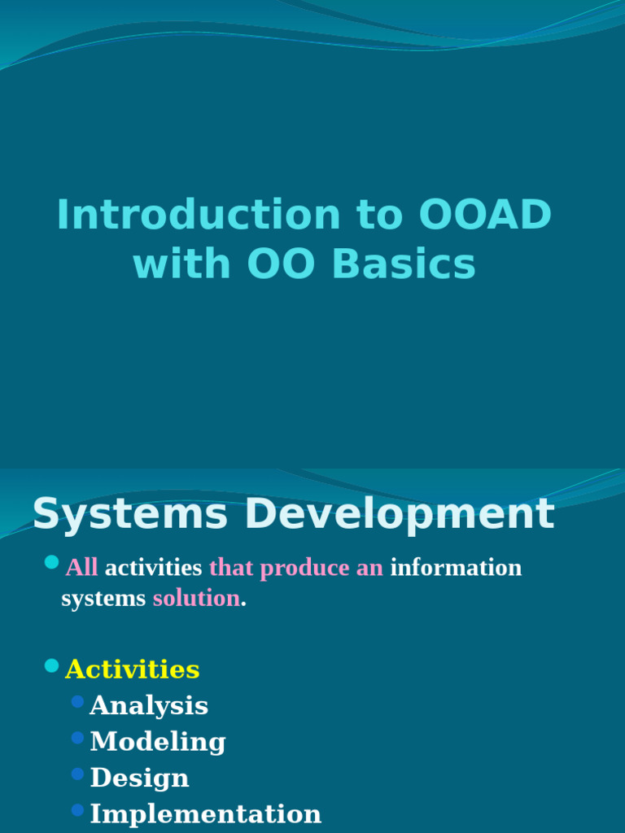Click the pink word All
(x=81, y=568)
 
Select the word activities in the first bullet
(x=153, y=568)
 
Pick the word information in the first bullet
(x=456, y=568)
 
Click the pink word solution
(x=196, y=599)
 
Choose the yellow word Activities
(x=132, y=669)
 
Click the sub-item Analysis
(x=149, y=706)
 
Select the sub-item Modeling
(x=158, y=742)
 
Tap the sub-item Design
(x=139, y=778)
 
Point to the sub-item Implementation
(x=205, y=814)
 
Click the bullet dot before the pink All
(x=52, y=562)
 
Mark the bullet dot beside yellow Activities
(x=52, y=666)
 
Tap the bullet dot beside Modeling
(x=78, y=738)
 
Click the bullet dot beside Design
(x=78, y=774)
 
